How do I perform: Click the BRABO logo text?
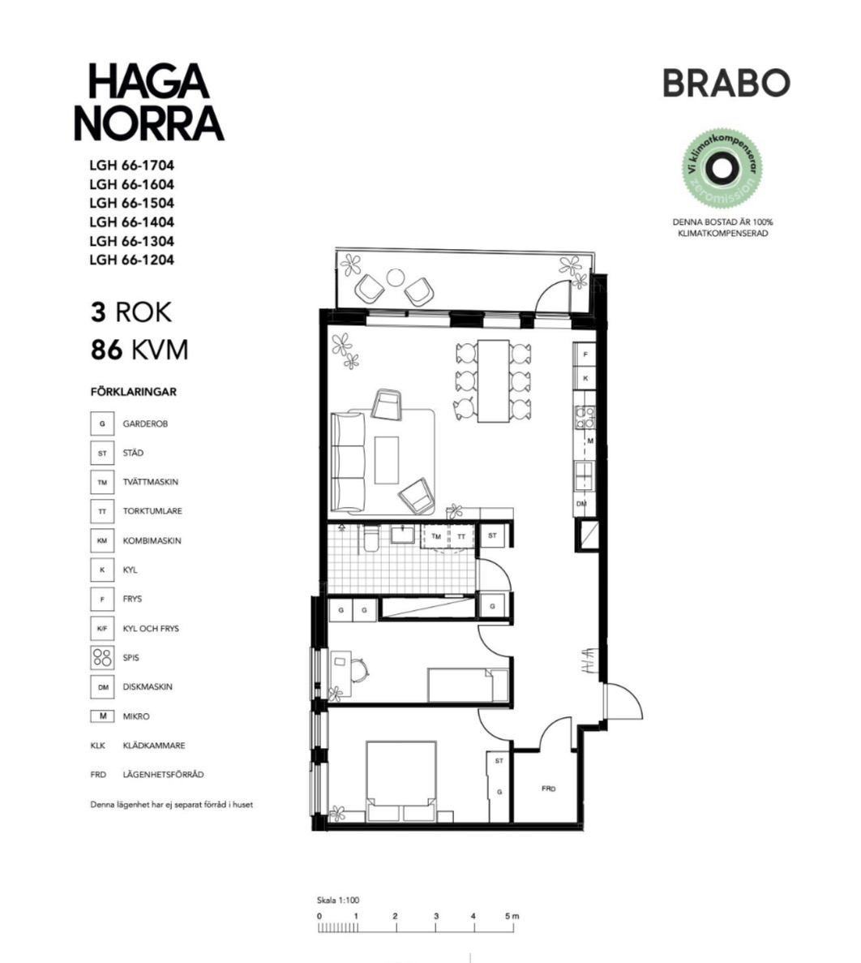pos(726,83)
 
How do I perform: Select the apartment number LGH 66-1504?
pos(131,203)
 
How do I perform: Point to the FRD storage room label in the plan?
pos(548,789)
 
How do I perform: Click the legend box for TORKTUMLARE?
pos(102,511)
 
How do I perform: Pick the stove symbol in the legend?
pos(102,657)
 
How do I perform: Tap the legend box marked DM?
pos(102,687)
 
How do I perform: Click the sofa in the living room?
pos(349,462)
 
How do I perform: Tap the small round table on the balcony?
pos(395,277)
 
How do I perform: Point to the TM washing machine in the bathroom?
pos(436,536)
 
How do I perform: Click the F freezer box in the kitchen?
pos(585,355)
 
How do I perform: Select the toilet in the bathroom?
pos(370,540)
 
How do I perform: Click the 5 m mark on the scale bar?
pos(511,917)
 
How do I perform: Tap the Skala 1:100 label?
pos(338,901)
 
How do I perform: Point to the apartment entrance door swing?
pos(622,702)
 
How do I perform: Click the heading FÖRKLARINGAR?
pos(133,392)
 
